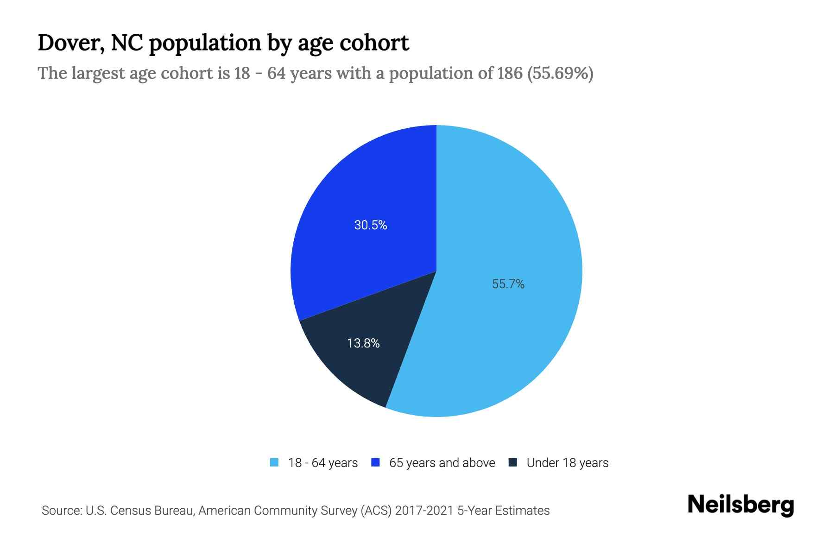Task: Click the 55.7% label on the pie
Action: [x=508, y=284]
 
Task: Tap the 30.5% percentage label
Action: [x=370, y=225]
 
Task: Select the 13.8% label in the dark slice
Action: [x=363, y=343]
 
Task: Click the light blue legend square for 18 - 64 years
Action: [x=274, y=462]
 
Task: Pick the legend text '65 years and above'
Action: [x=442, y=463]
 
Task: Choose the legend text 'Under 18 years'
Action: [x=567, y=463]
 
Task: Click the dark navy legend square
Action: [x=512, y=462]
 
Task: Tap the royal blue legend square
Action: [x=375, y=462]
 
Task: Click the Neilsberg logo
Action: [x=740, y=505]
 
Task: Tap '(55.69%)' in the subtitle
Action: [x=560, y=73]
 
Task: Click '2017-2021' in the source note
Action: [x=424, y=511]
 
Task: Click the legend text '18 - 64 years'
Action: [x=322, y=463]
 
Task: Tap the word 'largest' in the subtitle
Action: [x=99, y=73]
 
